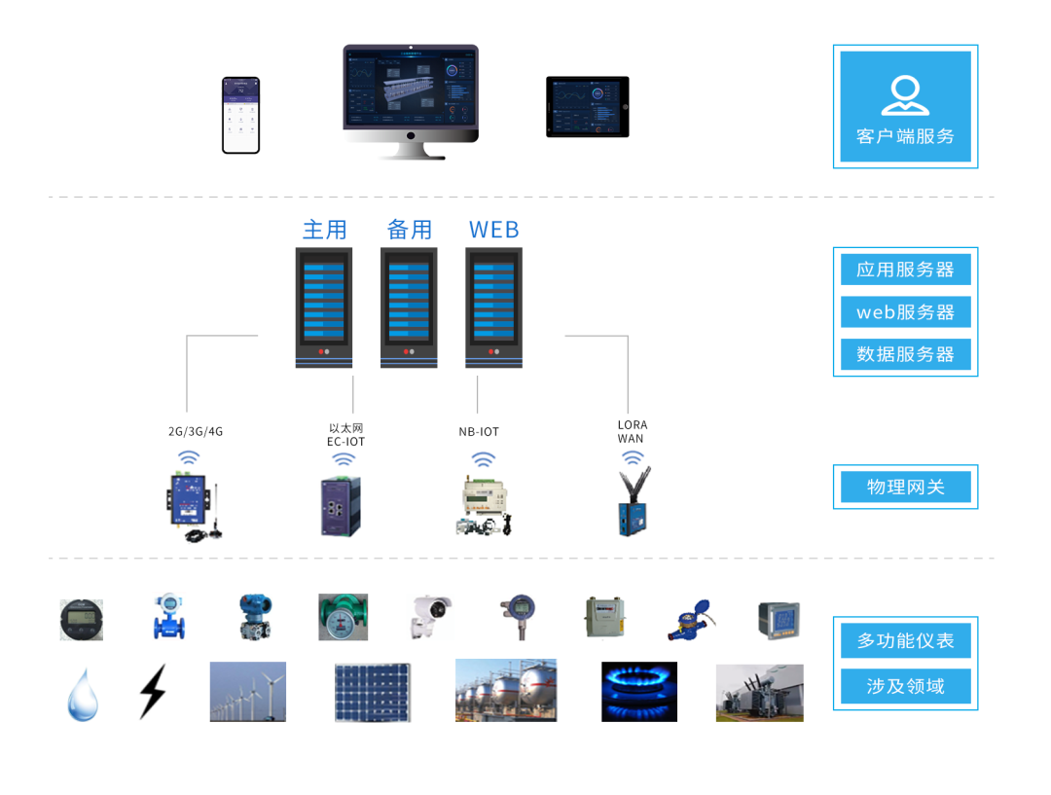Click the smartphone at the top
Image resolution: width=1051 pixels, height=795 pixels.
pyautogui.click(x=240, y=115)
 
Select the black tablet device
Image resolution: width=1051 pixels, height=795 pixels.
pyautogui.click(x=587, y=106)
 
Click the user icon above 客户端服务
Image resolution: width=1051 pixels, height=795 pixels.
pyautogui.click(x=905, y=95)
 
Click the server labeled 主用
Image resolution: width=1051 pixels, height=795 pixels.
pyautogui.click(x=324, y=307)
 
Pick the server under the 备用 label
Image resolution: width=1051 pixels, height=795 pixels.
pyautogui.click(x=409, y=307)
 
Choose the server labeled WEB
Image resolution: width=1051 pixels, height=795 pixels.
pyautogui.click(x=493, y=307)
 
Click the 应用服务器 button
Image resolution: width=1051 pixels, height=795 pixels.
pyautogui.click(x=905, y=270)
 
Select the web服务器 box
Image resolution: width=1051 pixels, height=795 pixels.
pyautogui.click(x=905, y=312)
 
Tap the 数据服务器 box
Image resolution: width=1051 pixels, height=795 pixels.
pyautogui.click(x=905, y=354)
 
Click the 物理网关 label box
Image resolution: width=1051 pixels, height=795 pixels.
pyautogui.click(x=905, y=487)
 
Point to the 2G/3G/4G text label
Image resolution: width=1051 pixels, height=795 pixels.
pyautogui.click(x=196, y=431)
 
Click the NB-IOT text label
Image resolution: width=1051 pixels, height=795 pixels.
pyautogui.click(x=479, y=431)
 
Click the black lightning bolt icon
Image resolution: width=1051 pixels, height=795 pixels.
pyautogui.click(x=152, y=691)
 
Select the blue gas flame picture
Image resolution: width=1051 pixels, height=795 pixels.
pyautogui.click(x=638, y=692)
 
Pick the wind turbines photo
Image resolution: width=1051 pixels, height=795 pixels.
pyautogui.click(x=248, y=692)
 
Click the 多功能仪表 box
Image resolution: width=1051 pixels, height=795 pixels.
pyautogui.click(x=905, y=641)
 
